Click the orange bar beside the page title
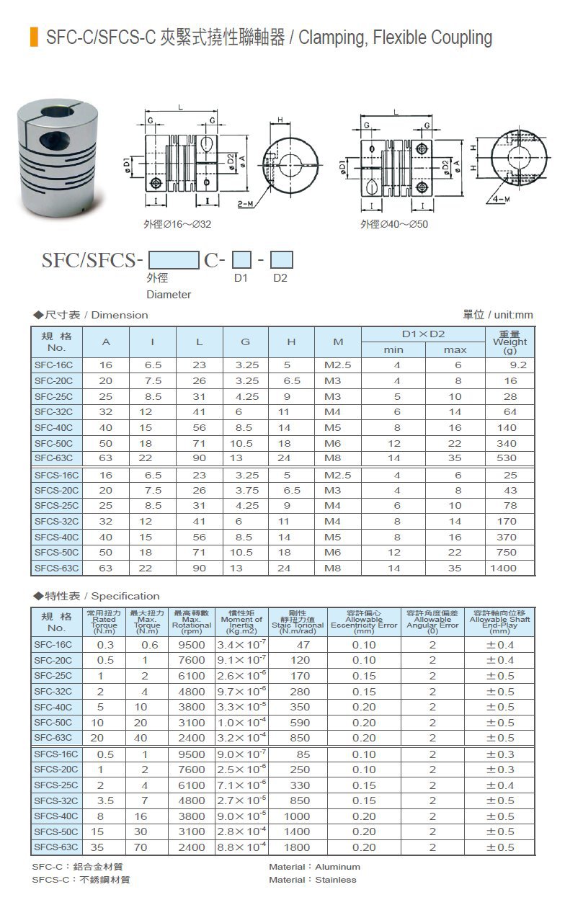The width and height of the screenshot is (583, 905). point(34,37)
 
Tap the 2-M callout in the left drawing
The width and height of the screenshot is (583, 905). point(245,205)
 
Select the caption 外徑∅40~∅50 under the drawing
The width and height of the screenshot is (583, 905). point(394,224)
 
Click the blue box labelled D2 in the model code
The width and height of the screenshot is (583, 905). point(282,259)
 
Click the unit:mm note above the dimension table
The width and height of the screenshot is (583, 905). point(498,315)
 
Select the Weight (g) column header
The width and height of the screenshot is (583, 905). point(509,342)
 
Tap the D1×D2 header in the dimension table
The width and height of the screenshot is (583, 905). point(422,334)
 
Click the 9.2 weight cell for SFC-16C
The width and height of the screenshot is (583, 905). point(518,365)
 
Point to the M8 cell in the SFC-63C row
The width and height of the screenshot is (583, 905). point(333,458)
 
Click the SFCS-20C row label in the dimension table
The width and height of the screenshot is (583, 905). point(56,490)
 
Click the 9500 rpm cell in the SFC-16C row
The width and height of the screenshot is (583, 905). point(192,645)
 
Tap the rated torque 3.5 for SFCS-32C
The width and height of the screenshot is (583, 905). point(105,801)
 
